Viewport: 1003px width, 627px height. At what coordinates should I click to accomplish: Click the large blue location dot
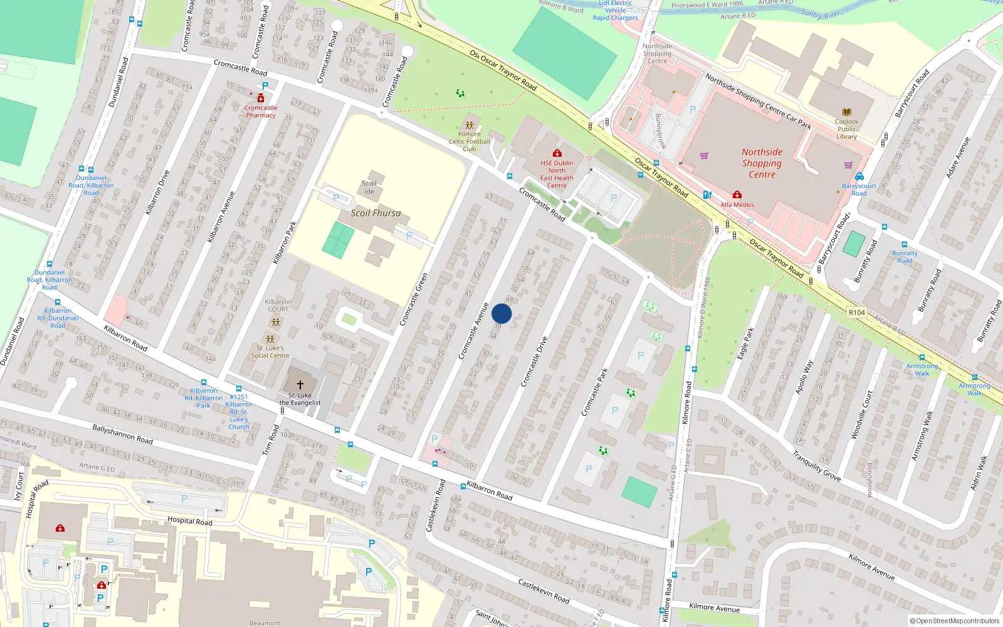(501, 313)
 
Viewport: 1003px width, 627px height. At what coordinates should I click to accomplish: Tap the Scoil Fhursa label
(375, 213)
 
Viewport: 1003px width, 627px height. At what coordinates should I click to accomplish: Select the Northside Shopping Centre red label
(762, 163)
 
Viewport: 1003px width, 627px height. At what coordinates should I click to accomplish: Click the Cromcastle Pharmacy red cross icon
(261, 98)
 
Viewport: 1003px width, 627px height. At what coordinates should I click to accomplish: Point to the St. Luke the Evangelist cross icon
(300, 384)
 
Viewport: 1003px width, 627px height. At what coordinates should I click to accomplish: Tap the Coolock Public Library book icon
(846, 112)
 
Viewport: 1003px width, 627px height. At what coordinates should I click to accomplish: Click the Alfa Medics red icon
(737, 195)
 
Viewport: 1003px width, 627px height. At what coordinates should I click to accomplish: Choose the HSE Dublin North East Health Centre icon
(557, 153)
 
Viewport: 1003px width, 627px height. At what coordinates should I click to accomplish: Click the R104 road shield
(856, 312)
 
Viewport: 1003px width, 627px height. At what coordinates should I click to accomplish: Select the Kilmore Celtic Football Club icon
(470, 125)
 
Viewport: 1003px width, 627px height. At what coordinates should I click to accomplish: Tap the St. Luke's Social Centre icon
(270, 339)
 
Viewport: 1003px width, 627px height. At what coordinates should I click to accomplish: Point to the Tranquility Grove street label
(816, 466)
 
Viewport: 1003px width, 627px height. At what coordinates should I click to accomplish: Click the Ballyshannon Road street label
(122, 434)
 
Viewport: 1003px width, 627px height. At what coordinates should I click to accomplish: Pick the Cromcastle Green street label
(414, 299)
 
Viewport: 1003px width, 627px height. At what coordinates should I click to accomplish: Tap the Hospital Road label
(189, 520)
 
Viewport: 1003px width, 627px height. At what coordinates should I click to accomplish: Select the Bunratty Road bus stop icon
(905, 245)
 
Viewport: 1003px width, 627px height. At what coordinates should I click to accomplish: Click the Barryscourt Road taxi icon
(859, 177)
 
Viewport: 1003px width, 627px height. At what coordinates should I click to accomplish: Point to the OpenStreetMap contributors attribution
(955, 621)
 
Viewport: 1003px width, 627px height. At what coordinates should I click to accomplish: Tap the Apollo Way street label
(804, 377)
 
